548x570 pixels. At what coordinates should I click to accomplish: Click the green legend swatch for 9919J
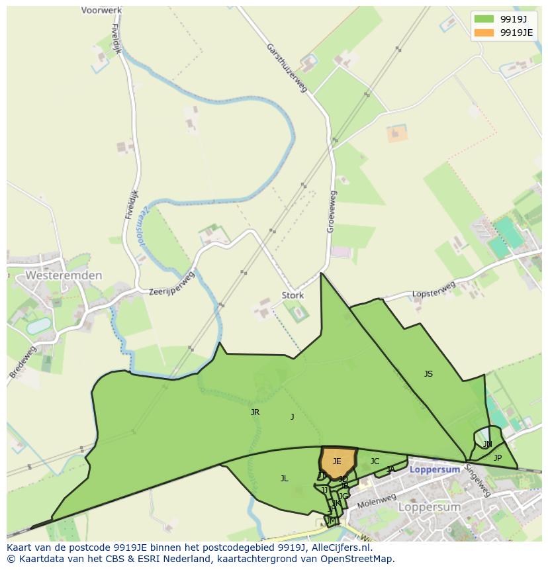point(484,19)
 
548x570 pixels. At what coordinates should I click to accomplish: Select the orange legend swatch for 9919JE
point(484,32)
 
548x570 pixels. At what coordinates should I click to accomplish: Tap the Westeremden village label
point(64,275)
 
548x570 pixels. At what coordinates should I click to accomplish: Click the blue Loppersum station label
point(435,469)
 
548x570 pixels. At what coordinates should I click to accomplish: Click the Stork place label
point(293,295)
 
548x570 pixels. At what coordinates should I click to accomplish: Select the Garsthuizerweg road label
point(287,68)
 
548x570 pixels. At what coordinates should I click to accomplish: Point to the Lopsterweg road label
point(434,290)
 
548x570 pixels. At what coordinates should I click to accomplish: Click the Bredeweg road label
point(23,361)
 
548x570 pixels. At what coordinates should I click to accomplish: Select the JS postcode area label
point(428,374)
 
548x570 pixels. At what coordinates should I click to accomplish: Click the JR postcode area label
point(255,412)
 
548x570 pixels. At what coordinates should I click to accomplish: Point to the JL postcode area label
point(284,478)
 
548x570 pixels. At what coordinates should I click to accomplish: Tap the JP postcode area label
point(498,457)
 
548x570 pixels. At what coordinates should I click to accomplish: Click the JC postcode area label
point(375,461)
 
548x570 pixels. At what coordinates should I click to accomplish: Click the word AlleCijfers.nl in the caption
point(341,547)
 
